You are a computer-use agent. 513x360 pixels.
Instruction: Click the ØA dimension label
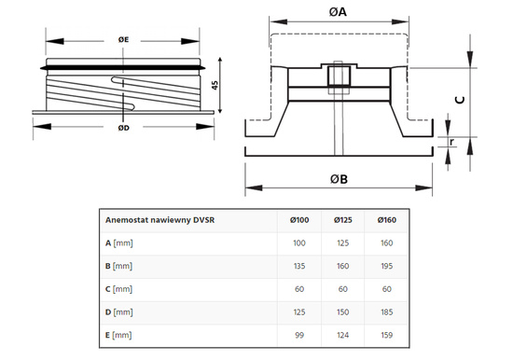pyautogui.click(x=338, y=12)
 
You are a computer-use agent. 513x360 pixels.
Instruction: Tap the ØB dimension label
pyautogui.click(x=339, y=179)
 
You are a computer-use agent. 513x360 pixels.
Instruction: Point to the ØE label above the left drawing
pyautogui.click(x=123, y=39)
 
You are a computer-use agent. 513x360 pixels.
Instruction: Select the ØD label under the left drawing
pyautogui.click(x=124, y=128)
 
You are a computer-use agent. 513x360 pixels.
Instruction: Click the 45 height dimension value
pyautogui.click(x=215, y=85)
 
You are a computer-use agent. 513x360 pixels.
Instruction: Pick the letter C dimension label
pyautogui.click(x=460, y=100)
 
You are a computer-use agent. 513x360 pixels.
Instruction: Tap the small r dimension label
pyautogui.click(x=451, y=142)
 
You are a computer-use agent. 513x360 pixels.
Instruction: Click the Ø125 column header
pyautogui.click(x=343, y=220)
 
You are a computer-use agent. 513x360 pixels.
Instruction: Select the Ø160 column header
pyautogui.click(x=387, y=220)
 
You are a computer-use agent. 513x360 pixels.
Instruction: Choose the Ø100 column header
pyautogui.click(x=299, y=220)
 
